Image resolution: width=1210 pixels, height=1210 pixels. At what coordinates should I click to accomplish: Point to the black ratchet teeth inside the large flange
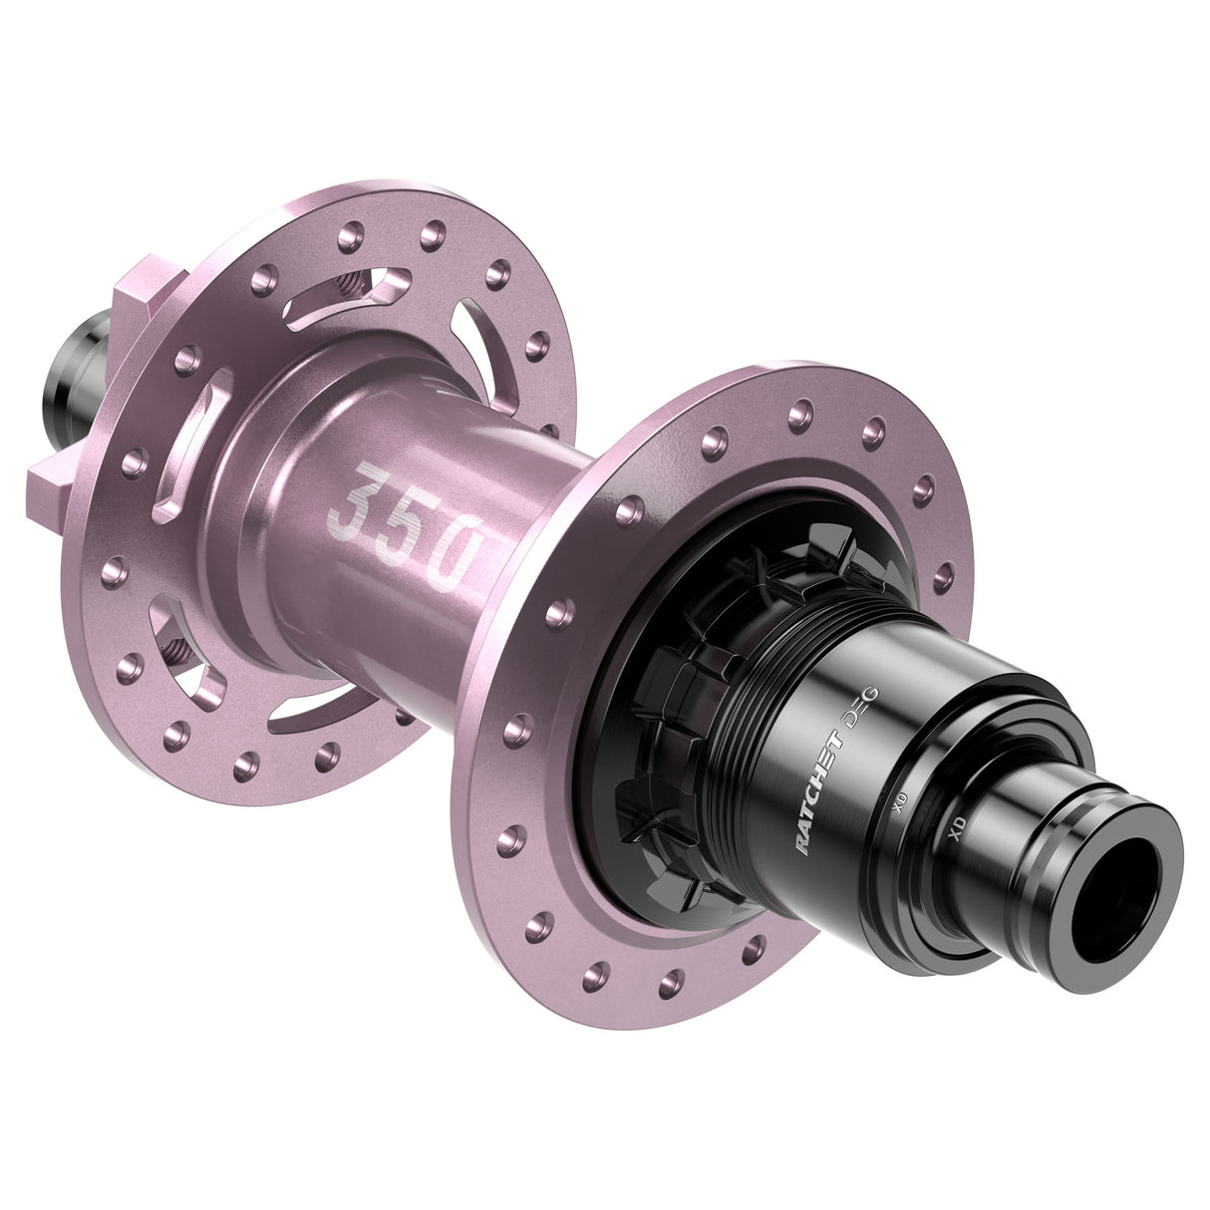(x=678, y=698)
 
